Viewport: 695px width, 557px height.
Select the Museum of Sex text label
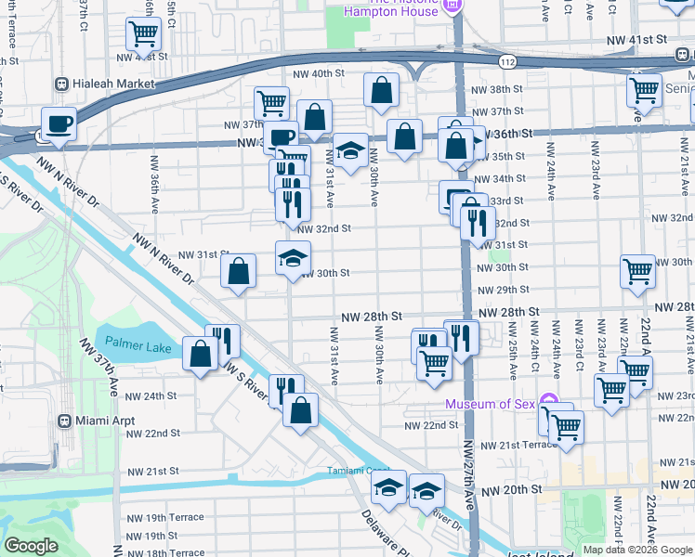click(x=490, y=404)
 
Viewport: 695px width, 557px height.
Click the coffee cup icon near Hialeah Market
click(x=59, y=123)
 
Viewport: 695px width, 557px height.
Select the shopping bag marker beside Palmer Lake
click(x=201, y=354)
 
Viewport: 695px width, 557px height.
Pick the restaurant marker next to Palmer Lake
click(x=222, y=340)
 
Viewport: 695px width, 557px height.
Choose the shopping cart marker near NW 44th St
click(x=143, y=34)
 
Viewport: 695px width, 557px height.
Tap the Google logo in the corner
click(x=31, y=546)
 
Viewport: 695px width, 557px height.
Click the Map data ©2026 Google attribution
click(x=636, y=550)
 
